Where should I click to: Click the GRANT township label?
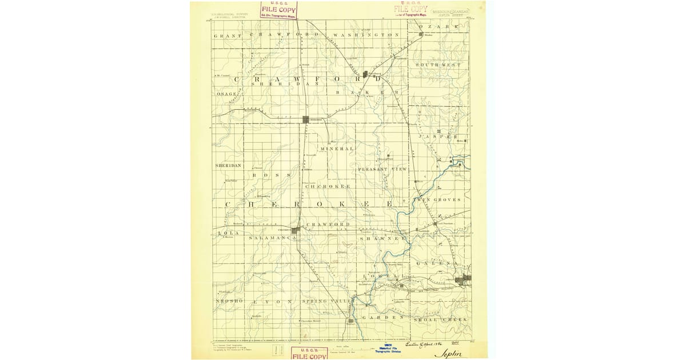point(224,36)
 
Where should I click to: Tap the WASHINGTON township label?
point(366,35)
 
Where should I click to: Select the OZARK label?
point(439,27)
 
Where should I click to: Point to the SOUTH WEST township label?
point(438,65)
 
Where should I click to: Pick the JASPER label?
point(438,137)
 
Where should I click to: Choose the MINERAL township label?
point(337,149)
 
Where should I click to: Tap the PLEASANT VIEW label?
point(382,170)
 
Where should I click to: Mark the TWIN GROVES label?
point(441,200)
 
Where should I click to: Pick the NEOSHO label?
point(229,301)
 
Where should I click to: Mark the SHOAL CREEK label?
point(441,319)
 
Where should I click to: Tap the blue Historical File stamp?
point(388,349)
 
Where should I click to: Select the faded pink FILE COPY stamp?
point(410,10)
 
